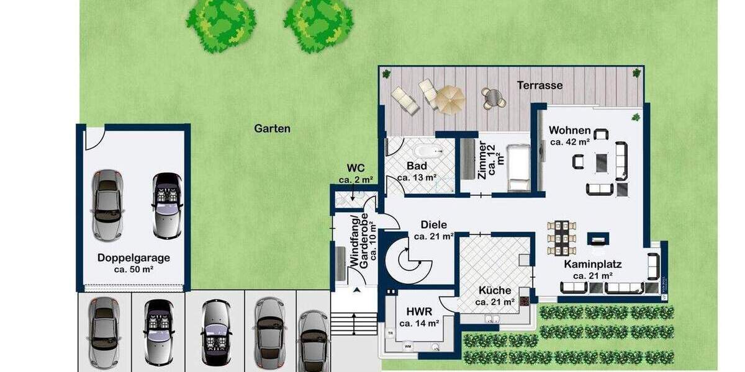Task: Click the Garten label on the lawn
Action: click(272, 129)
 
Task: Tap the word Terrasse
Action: click(540, 85)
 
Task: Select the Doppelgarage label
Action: click(133, 258)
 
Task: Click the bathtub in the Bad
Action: click(427, 151)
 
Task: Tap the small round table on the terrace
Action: click(494, 97)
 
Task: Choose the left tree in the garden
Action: click(222, 24)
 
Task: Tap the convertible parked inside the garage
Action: click(167, 205)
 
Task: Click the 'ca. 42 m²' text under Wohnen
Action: click(569, 142)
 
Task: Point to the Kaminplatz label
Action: click(592, 264)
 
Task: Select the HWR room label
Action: click(419, 311)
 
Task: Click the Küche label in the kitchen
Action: click(495, 290)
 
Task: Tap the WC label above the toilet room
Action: click(355, 168)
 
